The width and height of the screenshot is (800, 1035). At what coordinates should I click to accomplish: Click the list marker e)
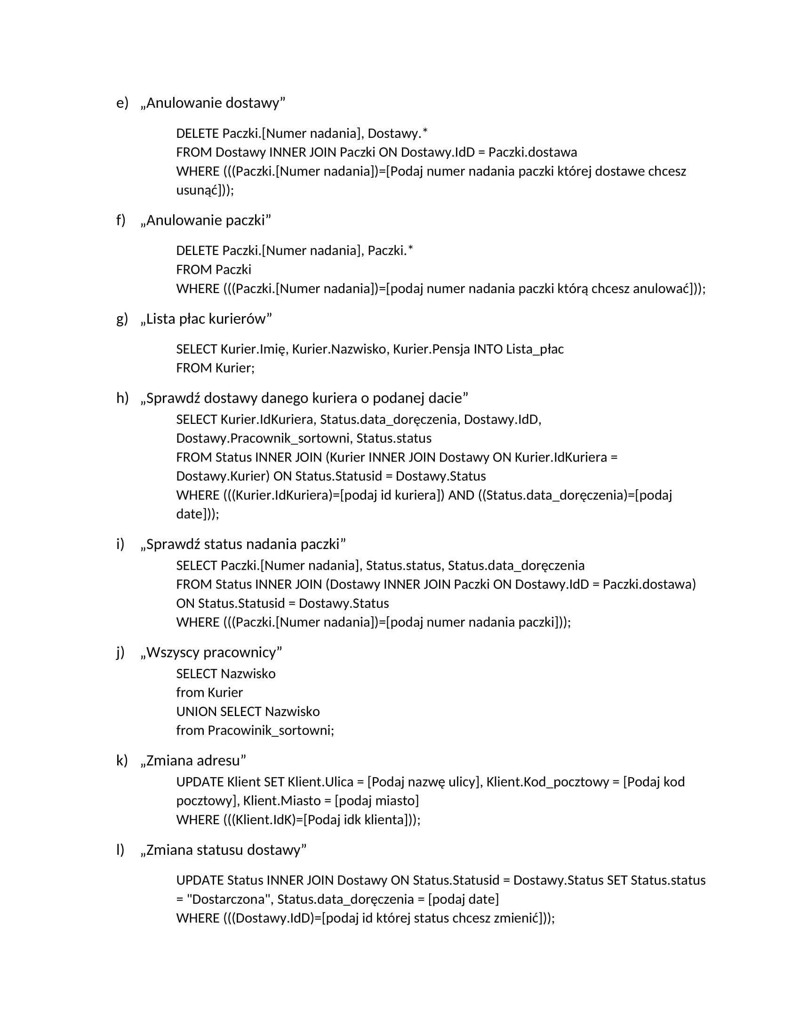click(x=122, y=103)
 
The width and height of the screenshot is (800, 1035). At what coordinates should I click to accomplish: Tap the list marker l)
click(x=120, y=850)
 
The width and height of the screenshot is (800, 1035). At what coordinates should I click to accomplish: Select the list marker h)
click(x=122, y=398)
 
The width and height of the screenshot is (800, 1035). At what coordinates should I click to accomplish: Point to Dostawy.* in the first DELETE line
click(x=398, y=134)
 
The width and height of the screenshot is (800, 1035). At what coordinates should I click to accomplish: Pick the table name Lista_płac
click(x=535, y=349)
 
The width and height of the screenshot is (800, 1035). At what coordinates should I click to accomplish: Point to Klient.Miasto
click(x=282, y=801)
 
